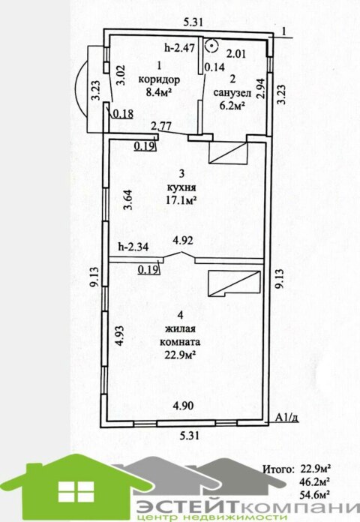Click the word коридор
(159, 80)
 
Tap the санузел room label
(232, 93)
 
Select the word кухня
(181, 187)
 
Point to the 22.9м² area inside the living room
(180, 355)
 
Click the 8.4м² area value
(159, 91)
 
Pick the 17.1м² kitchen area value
(181, 199)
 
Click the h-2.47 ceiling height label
(180, 47)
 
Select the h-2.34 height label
(134, 247)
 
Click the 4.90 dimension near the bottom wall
(183, 406)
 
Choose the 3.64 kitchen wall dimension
(128, 199)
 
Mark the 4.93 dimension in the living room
(119, 336)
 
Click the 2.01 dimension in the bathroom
(236, 53)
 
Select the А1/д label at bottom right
(286, 418)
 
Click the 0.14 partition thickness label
(214, 67)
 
